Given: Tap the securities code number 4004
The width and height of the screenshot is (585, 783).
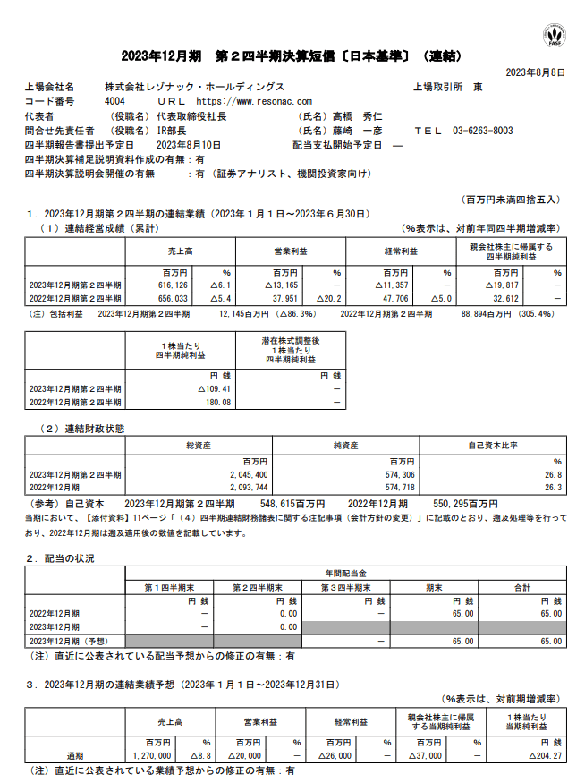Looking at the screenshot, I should click(115, 102).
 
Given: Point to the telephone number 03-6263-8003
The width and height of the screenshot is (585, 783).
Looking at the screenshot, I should click(482, 131).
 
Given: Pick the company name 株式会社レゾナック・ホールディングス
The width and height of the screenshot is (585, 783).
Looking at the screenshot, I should click(194, 88).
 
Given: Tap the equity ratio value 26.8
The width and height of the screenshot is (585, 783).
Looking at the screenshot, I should click(553, 473).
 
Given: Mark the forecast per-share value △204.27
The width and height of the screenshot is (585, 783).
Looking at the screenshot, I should click(542, 755).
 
